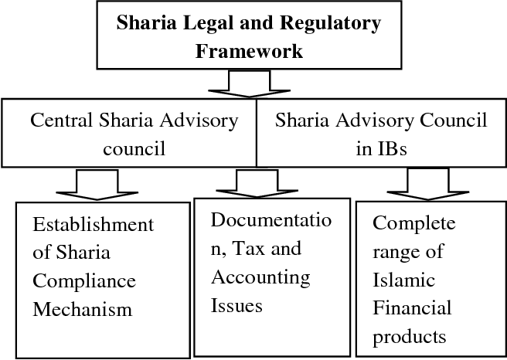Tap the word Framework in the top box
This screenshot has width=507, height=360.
click(249, 52)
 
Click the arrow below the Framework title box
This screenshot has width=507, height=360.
click(249, 83)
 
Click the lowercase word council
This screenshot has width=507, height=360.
click(134, 148)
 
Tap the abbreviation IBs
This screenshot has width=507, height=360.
click(381, 148)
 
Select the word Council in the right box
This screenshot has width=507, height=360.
click(451, 121)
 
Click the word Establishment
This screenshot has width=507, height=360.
click(93, 225)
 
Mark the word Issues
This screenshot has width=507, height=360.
click(236, 304)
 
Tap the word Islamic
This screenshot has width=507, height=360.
click(403, 280)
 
